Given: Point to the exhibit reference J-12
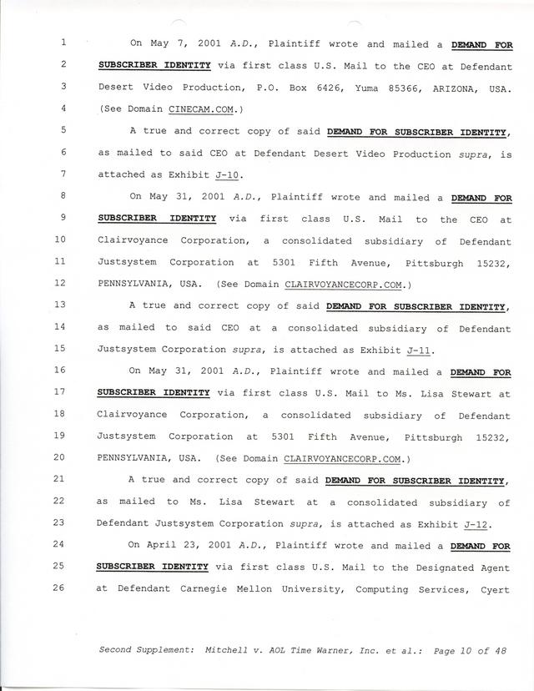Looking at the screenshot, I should point(476,524).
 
